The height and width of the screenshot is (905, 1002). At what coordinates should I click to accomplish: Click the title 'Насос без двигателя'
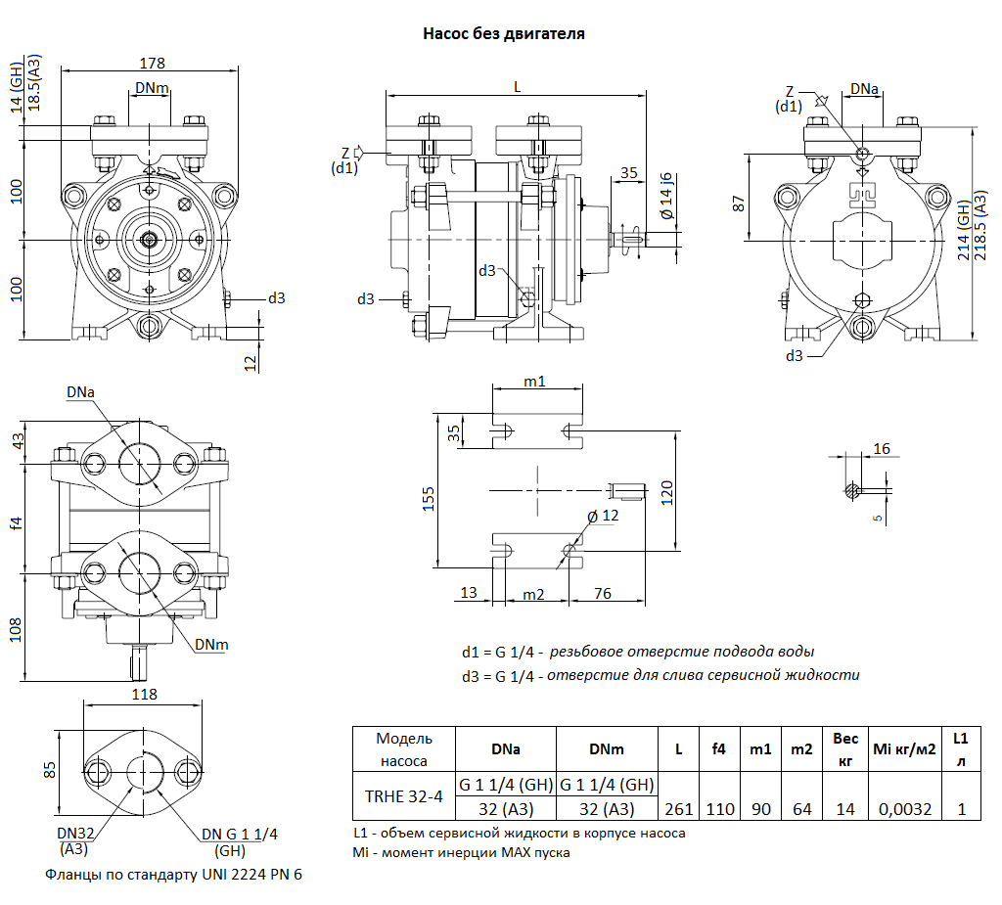[503, 34]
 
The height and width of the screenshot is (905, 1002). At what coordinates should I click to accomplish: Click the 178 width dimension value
[152, 64]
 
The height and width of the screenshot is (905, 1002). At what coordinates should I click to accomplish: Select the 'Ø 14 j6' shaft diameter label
[666, 196]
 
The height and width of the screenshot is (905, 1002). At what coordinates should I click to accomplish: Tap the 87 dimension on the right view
[740, 203]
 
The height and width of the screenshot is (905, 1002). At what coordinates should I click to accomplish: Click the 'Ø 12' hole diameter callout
[604, 516]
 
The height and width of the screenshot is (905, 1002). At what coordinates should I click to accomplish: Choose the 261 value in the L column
[678, 809]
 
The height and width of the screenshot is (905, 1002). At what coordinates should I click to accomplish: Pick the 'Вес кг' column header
[845, 748]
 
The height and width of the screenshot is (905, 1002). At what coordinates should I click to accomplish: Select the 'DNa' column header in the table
[505, 749]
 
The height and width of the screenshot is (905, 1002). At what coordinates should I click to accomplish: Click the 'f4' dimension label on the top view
[16, 523]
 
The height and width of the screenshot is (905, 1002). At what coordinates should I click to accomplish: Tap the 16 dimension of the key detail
[882, 449]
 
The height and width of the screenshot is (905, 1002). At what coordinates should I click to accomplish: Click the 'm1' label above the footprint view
[534, 382]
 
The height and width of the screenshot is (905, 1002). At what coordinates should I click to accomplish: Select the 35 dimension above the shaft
[628, 172]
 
